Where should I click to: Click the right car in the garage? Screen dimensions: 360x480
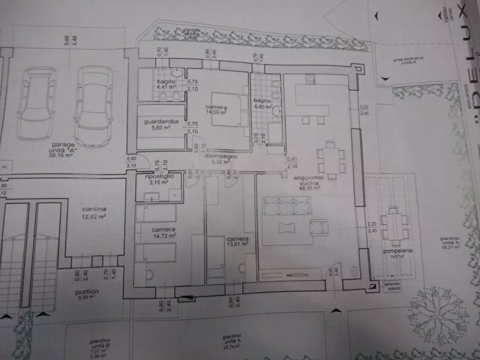94,105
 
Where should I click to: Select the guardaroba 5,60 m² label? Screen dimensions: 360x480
157,125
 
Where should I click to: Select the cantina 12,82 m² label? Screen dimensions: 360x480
94,212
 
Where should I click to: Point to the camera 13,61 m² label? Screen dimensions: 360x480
237,241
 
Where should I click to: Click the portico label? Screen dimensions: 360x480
87,294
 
